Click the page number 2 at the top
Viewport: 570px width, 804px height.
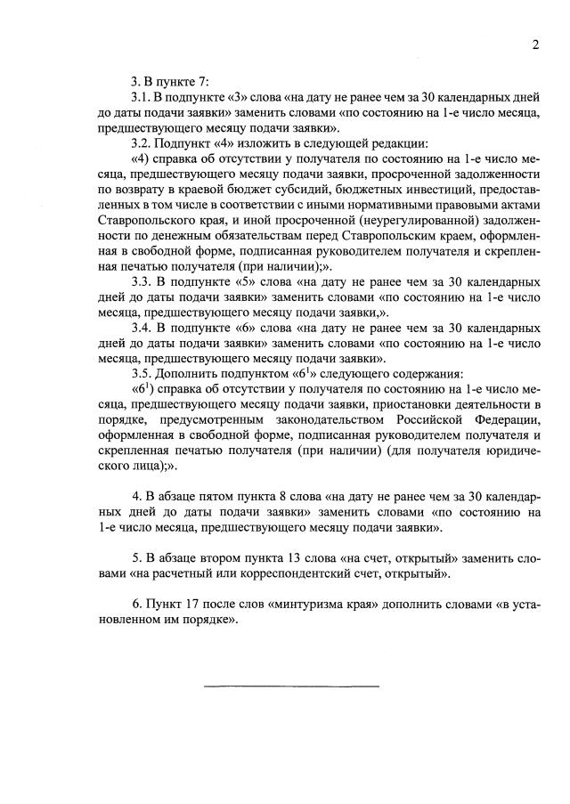click(x=536, y=45)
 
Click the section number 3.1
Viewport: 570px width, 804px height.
click(x=141, y=96)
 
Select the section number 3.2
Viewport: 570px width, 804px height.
click(x=141, y=142)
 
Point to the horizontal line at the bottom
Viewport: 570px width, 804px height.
click(x=291, y=686)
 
